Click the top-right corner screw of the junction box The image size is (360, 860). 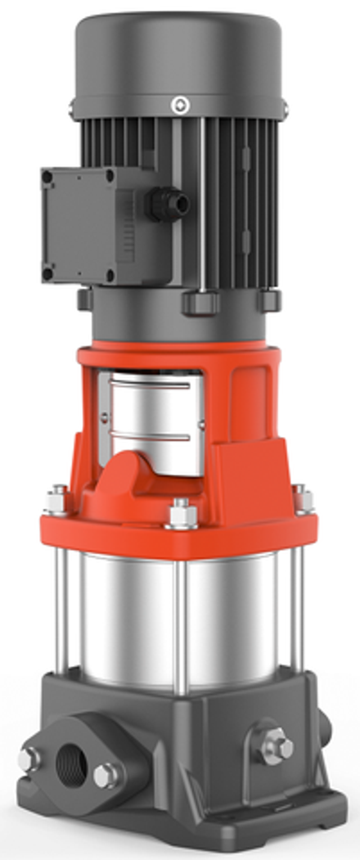(x=111, y=175)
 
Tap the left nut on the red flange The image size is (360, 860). (x=56, y=497)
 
